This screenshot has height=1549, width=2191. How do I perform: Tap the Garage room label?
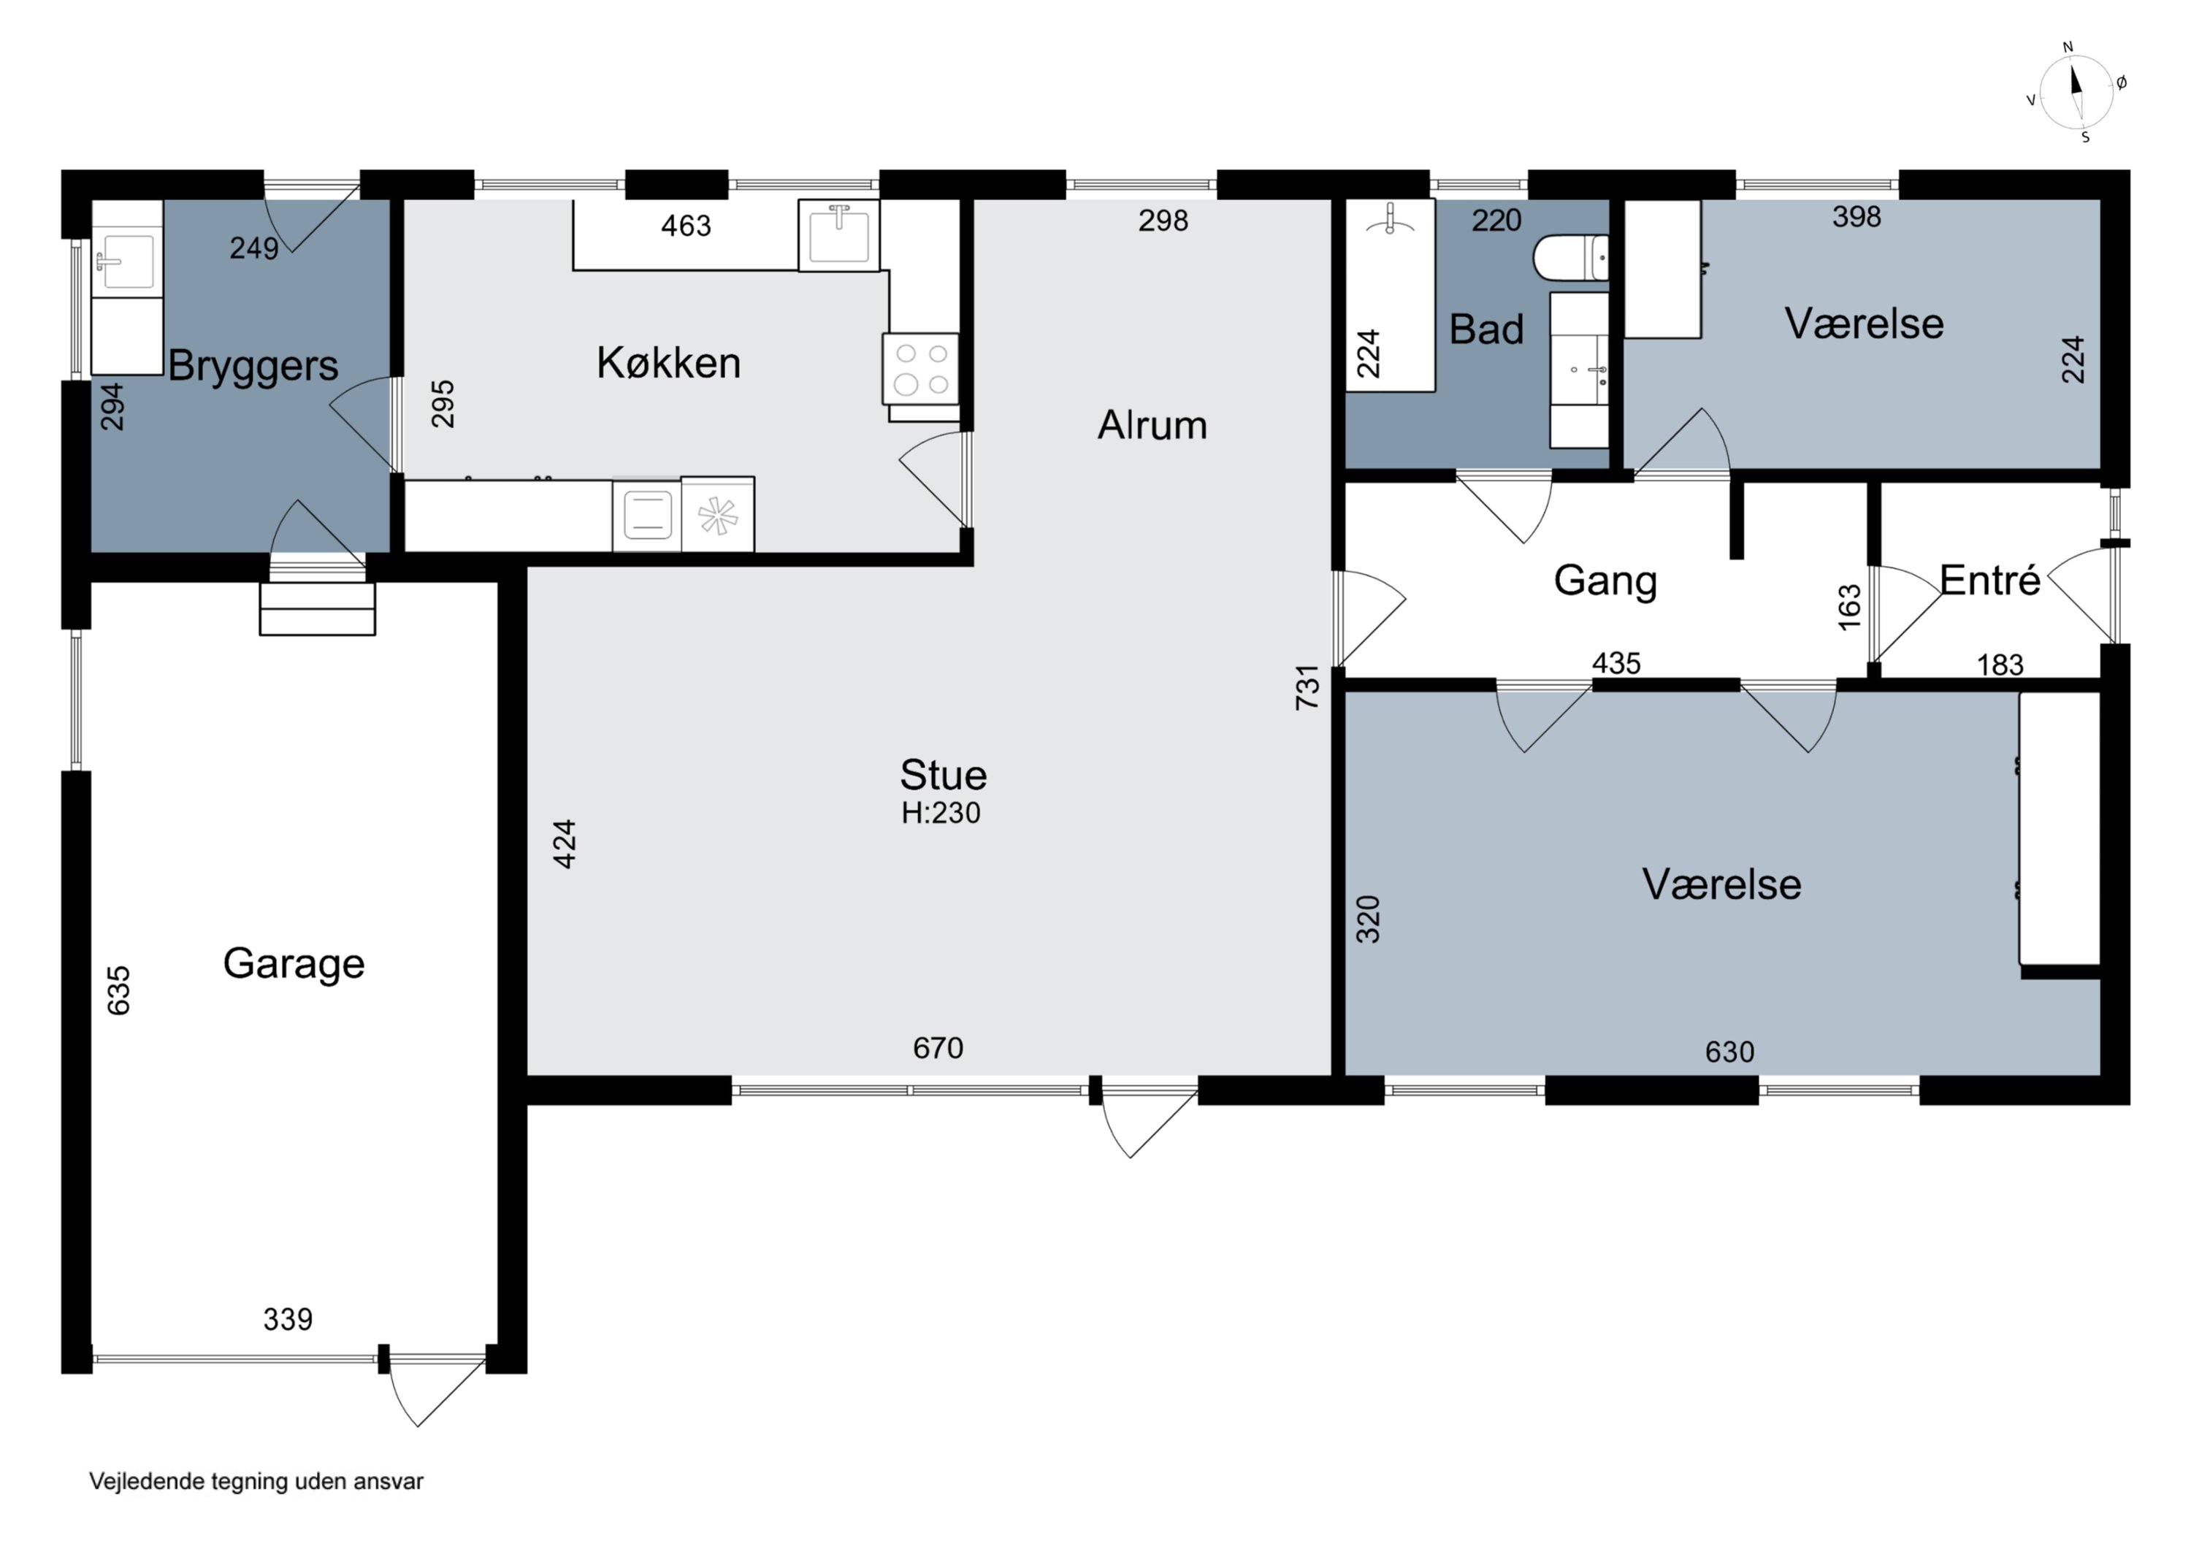(294, 964)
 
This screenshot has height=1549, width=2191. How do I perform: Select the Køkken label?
(668, 363)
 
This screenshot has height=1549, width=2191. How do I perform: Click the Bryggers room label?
(253, 366)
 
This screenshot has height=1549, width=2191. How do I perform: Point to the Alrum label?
(1152, 425)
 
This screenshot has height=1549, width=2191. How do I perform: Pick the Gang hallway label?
(1605, 581)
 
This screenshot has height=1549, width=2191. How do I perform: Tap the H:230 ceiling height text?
(941, 812)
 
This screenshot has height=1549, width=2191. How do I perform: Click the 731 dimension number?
(1307, 687)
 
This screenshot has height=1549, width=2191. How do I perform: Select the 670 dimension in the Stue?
(938, 1048)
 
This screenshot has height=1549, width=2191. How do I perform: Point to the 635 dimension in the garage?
(118, 990)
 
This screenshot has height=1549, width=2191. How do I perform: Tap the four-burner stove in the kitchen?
(921, 370)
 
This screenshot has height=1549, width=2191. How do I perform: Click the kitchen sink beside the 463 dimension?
(839, 236)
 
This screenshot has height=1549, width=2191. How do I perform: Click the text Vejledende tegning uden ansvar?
(256, 1481)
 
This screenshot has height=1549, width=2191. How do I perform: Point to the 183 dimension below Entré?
(2000, 665)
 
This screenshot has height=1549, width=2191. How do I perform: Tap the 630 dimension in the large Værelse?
(1729, 1052)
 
